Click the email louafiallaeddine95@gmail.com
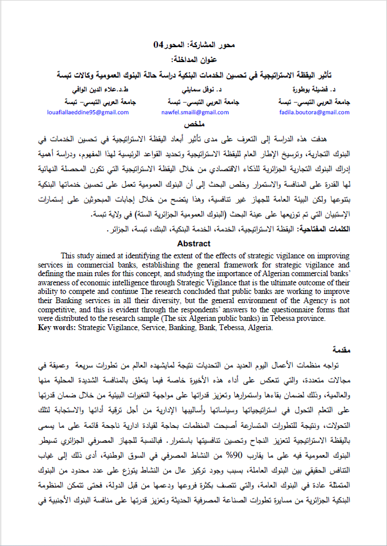pyautogui.click(x=88, y=113)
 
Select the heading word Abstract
pyautogui.click(x=194, y=243)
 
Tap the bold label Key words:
pyautogui.click(x=56, y=328)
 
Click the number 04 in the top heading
pyautogui.click(x=159, y=45)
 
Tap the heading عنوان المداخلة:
pyautogui.click(x=193, y=60)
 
